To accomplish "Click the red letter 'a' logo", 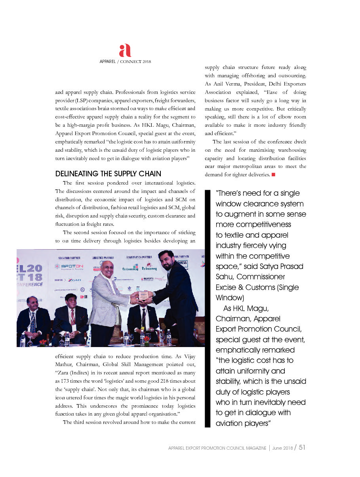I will [x=125, y=51].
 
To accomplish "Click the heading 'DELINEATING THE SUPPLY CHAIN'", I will [x=108, y=174].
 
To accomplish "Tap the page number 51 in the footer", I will [x=302, y=447].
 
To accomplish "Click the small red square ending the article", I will [x=273, y=175].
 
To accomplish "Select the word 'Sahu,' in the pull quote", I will [x=225, y=277].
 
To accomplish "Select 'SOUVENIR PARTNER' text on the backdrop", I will [x=70, y=258].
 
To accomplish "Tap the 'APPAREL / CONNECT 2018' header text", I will [x=125, y=62].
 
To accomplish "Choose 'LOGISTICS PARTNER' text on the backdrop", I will [x=103, y=258].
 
